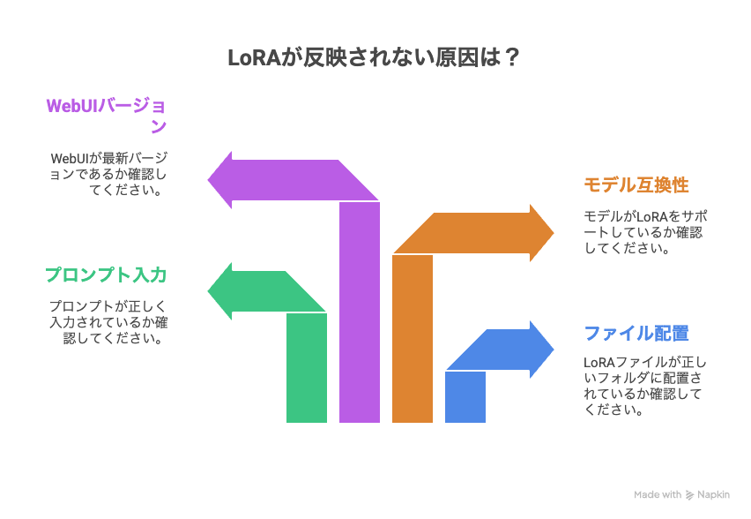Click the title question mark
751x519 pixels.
[x=511, y=57]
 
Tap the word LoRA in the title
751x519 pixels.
[x=253, y=58]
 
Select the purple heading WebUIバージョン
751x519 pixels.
[x=107, y=115]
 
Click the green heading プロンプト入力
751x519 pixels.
[x=106, y=275]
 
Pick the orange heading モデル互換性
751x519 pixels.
[x=636, y=184]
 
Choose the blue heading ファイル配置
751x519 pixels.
[x=636, y=333]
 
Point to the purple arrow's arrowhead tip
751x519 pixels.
[x=208, y=180]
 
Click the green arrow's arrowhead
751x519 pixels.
[x=219, y=291]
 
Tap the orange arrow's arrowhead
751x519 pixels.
[x=542, y=233]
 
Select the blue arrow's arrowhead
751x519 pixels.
[x=542, y=350]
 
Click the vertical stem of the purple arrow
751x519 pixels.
[x=360, y=312]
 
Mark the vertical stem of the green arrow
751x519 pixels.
[x=307, y=368]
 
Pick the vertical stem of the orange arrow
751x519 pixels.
[x=413, y=339]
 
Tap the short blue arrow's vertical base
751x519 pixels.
[x=465, y=397]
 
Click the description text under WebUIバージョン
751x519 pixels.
[x=108, y=174]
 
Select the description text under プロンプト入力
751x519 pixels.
[x=108, y=322]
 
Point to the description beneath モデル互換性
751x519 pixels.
[x=645, y=232]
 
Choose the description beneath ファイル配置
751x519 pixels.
[x=644, y=386]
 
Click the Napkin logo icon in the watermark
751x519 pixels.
[x=689, y=495]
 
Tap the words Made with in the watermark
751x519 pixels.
[x=658, y=494]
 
